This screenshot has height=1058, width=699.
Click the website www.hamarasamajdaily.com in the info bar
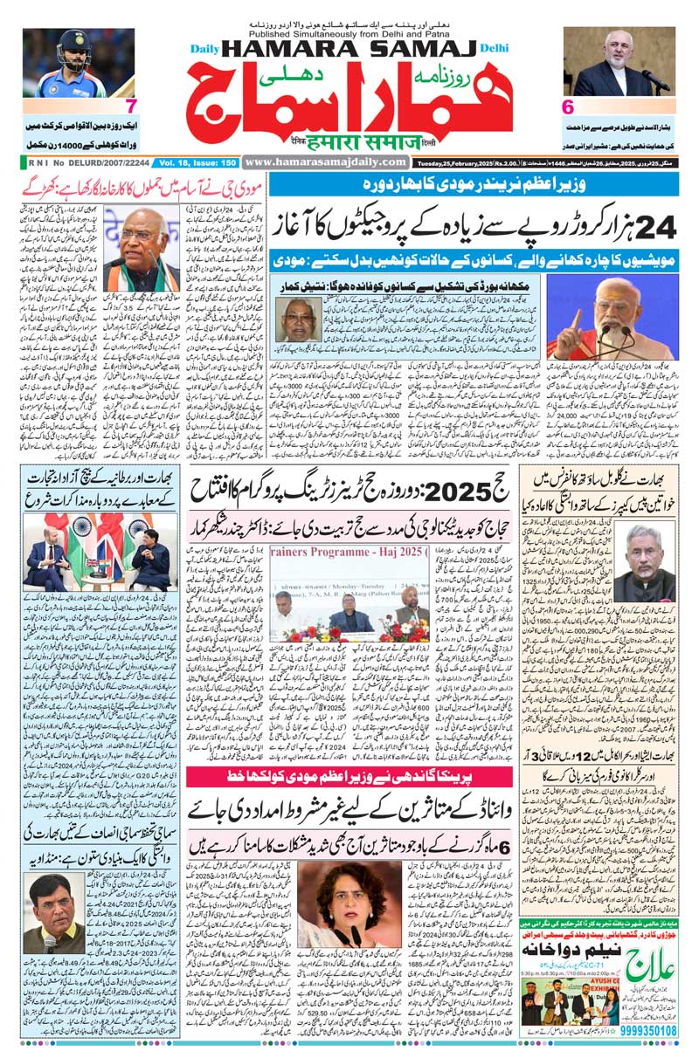click(325, 161)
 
